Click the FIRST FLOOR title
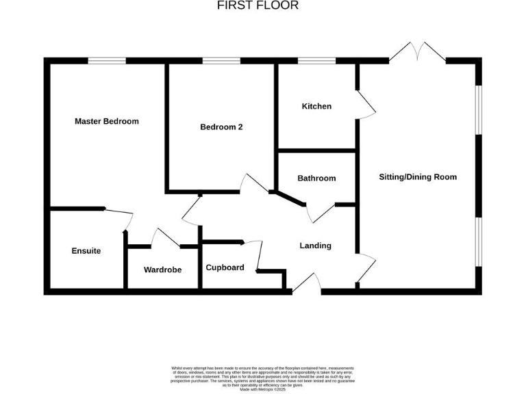click(x=258, y=5)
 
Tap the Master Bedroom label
click(x=106, y=122)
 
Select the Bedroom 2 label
click(x=221, y=127)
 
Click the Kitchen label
click(x=316, y=107)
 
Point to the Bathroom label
click(x=316, y=179)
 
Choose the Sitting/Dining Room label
click(x=418, y=177)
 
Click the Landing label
click(x=315, y=246)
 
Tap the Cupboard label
click(x=225, y=267)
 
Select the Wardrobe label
click(x=162, y=270)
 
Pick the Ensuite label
click(x=86, y=251)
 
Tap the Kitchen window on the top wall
click(x=316, y=61)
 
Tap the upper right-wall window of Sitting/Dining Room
click(x=479, y=109)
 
